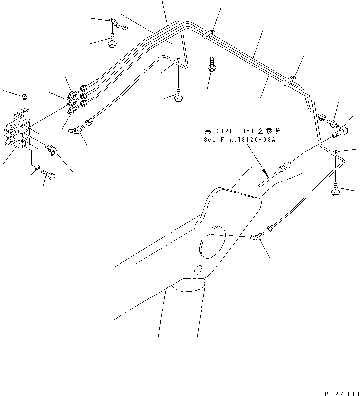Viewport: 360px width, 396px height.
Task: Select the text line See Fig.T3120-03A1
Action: [241, 140]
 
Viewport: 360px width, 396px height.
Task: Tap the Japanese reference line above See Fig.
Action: [242, 131]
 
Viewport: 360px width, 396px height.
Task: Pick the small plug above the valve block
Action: [25, 96]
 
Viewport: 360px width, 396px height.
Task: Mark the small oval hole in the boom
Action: [197, 271]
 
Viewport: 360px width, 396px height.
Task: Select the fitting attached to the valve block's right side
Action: [50, 148]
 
